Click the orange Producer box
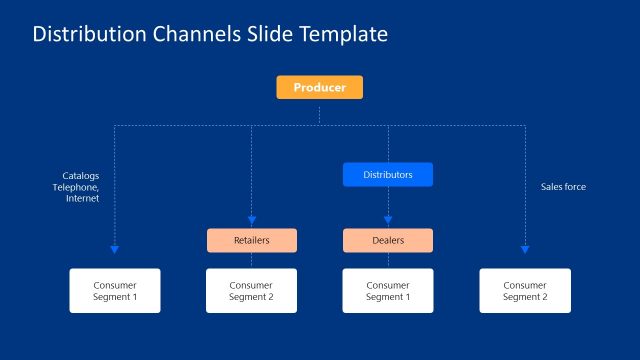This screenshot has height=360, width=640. coord(319,88)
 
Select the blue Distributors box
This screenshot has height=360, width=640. coord(388,175)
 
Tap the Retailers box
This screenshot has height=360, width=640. coord(251,240)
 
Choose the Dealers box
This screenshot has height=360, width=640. coord(388,240)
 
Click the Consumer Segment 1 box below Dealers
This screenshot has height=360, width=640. coord(388,290)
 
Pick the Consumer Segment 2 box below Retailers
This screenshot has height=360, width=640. coord(251,290)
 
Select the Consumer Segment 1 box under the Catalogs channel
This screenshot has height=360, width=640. coord(114,290)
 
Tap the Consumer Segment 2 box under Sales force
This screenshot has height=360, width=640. coord(525,290)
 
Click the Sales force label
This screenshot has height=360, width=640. coord(563,187)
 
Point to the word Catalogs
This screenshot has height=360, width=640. coord(80,176)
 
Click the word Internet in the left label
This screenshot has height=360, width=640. coord(82,198)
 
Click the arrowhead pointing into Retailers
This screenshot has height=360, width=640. coord(251,220)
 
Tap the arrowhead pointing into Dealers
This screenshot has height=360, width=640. coord(388,220)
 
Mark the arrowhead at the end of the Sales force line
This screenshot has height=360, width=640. coord(525,249)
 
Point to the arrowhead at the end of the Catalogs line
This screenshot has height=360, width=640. coord(114,249)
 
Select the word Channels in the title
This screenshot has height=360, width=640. coord(195,34)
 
